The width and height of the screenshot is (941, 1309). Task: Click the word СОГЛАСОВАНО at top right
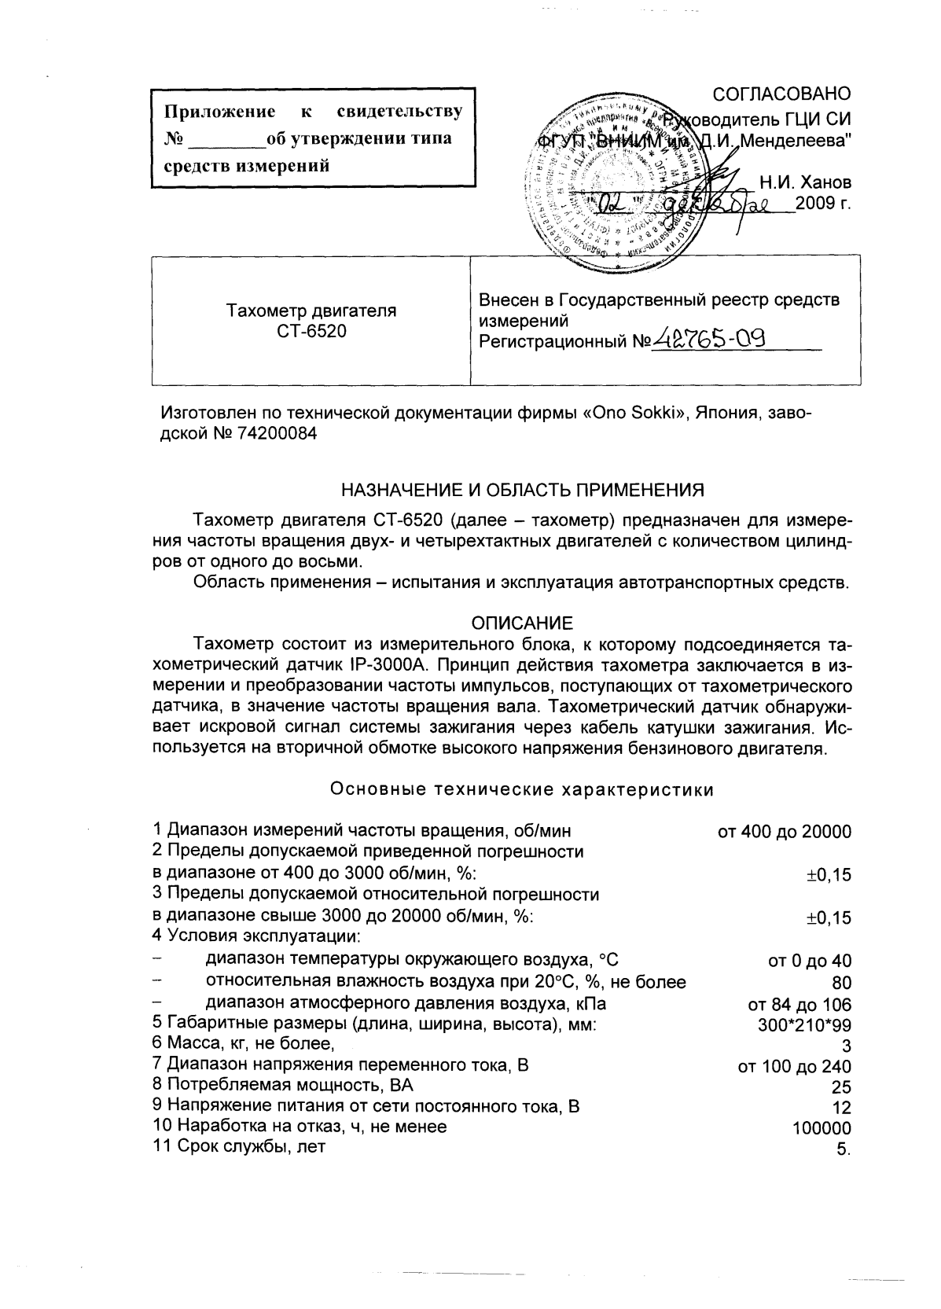(x=781, y=94)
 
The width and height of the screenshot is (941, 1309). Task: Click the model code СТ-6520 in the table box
(x=311, y=331)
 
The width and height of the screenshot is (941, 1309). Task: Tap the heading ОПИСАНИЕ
(x=522, y=623)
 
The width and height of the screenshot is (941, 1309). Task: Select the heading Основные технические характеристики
(x=522, y=790)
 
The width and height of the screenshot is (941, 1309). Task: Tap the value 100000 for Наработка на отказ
(x=820, y=1128)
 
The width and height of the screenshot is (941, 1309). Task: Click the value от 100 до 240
(x=795, y=1067)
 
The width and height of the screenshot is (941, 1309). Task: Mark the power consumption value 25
(x=840, y=1087)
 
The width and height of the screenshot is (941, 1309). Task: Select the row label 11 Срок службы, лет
(x=239, y=1146)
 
